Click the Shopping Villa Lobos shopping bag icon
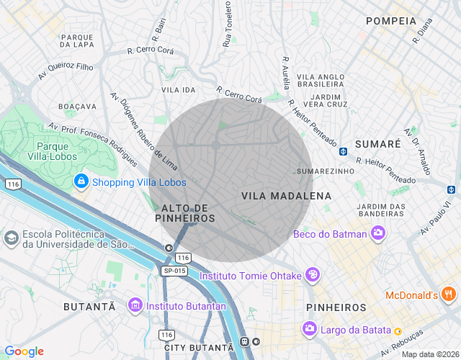[81, 181]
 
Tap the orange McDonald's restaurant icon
[449, 294]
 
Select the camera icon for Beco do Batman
[377, 233]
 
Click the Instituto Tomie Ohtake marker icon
[312, 274]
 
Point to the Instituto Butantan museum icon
[134, 306]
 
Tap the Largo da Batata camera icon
[309, 329]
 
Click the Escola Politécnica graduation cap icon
[12, 237]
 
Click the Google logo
[24, 351]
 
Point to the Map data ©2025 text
[429, 354]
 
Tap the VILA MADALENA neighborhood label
[286, 196]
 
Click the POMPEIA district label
[391, 21]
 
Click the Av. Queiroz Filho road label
[66, 70]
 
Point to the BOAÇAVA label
[77, 106]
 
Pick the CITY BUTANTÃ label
[199, 348]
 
